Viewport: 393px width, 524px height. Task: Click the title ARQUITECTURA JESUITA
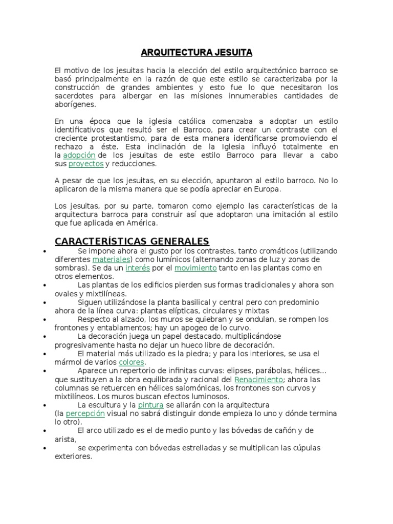click(x=196, y=52)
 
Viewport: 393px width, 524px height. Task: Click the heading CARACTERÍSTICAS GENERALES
click(x=132, y=241)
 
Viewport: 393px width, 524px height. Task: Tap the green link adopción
click(x=79, y=155)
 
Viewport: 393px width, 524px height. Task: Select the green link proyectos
click(x=86, y=164)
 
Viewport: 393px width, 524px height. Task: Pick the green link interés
click(x=138, y=268)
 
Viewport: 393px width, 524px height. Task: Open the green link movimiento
click(x=195, y=268)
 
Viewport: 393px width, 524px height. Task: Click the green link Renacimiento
click(x=258, y=380)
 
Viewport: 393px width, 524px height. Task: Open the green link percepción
click(x=85, y=413)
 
